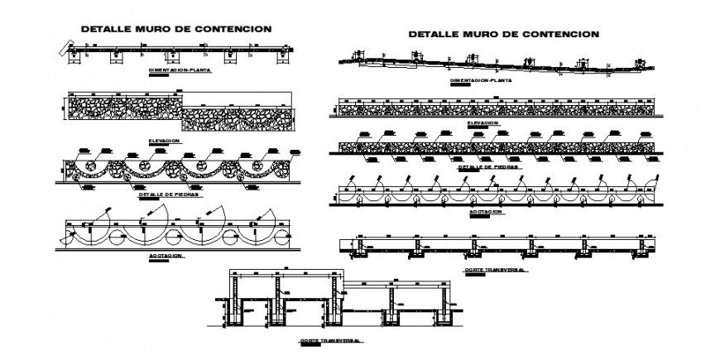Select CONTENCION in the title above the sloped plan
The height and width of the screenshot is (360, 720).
557,35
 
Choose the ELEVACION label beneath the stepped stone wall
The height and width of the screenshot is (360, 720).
166,141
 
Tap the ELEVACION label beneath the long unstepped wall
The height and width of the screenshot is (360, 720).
482,123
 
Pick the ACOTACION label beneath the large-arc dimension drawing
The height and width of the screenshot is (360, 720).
166,257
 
